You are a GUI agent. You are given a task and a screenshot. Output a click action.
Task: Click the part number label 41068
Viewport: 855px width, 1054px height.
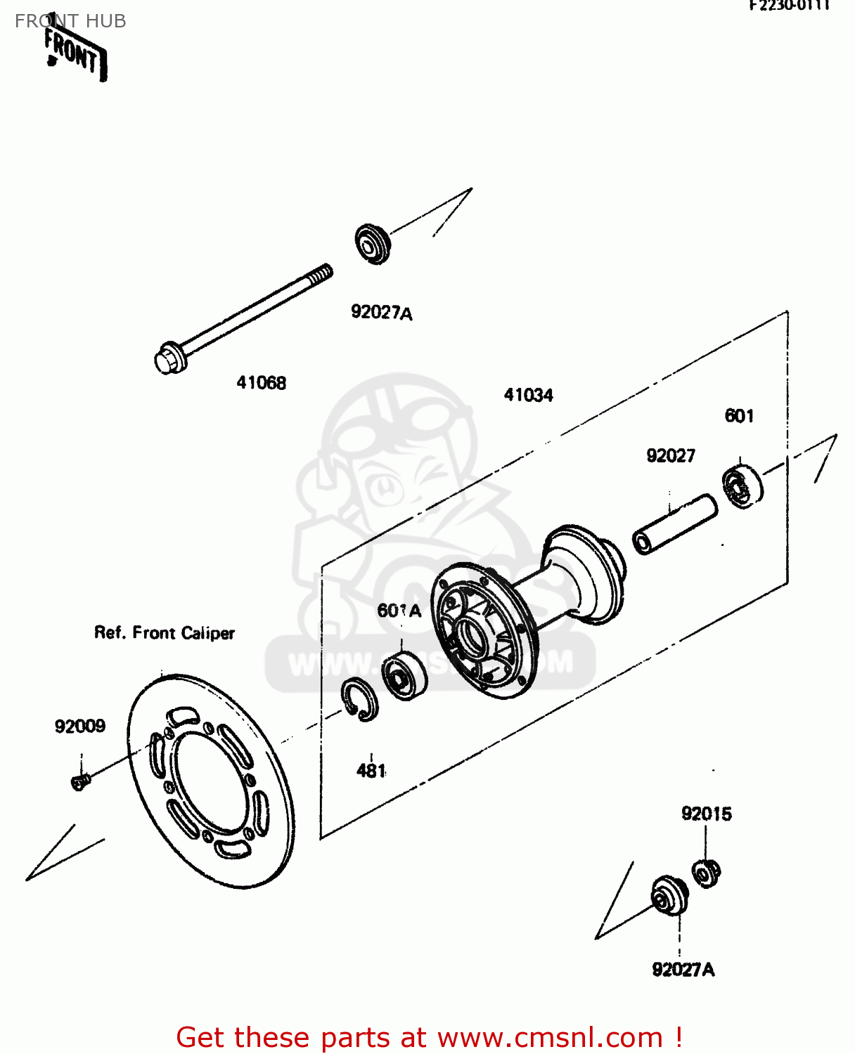pos(261,383)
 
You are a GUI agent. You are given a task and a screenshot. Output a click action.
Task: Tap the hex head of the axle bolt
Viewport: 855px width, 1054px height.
pos(167,359)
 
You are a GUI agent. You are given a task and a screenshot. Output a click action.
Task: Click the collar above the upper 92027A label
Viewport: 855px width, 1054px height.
pos(372,243)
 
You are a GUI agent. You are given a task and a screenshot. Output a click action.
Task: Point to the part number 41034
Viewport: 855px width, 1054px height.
pos(528,395)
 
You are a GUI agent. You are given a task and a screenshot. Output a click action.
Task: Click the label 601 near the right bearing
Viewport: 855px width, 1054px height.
pos(739,416)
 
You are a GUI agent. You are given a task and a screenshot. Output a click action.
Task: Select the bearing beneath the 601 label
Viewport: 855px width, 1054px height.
pos(742,486)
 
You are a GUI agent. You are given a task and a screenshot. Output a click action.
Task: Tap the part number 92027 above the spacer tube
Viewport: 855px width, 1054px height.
pos(671,456)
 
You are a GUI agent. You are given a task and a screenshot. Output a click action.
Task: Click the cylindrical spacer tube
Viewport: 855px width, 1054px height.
pos(674,524)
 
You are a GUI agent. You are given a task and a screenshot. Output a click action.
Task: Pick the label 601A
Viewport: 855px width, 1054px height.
pos(399,611)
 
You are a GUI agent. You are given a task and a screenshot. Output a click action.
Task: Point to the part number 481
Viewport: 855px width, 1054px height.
pos(371,771)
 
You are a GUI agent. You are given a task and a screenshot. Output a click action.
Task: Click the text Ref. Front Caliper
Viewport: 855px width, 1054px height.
pos(165,633)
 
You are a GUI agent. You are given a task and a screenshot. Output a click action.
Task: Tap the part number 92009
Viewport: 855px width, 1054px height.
pos(80,726)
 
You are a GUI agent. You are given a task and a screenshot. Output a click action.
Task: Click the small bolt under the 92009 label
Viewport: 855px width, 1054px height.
pos(81,781)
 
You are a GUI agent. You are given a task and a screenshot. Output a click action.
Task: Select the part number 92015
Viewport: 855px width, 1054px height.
pos(706,814)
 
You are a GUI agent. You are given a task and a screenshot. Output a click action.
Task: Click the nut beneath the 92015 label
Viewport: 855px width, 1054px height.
pos(706,873)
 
